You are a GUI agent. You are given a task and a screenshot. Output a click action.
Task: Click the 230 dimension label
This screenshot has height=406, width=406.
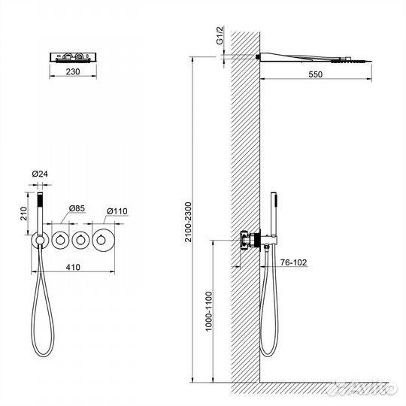[73, 71]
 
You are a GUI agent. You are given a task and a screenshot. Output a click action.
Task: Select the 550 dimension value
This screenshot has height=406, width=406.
[315, 74]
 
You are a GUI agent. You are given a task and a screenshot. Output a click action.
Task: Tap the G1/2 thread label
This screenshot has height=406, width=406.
[220, 35]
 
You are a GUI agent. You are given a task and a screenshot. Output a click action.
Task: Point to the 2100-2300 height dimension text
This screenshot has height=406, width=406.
[188, 222]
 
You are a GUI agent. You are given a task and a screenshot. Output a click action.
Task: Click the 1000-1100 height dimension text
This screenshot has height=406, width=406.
[209, 311]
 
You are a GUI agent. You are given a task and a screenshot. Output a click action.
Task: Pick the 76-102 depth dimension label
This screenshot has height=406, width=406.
[293, 262]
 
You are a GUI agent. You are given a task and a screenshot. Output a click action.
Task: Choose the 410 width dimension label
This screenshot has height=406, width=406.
[73, 267]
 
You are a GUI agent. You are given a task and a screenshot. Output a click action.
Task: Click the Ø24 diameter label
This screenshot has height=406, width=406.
[40, 174]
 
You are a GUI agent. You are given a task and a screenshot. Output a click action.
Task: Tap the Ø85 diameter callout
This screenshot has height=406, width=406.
[77, 208]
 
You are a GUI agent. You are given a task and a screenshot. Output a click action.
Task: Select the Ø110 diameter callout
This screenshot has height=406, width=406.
[117, 211]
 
